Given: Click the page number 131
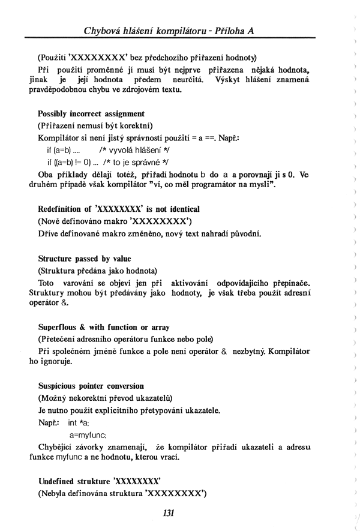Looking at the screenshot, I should (x=168, y=512).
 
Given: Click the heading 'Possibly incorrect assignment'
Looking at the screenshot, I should (x=91, y=113).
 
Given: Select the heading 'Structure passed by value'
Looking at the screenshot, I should (x=84, y=259).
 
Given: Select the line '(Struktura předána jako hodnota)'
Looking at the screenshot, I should (x=97, y=271).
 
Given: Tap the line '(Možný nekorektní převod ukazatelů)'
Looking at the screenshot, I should (x=105, y=398).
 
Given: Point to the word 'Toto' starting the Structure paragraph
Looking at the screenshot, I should (x=46, y=283).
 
